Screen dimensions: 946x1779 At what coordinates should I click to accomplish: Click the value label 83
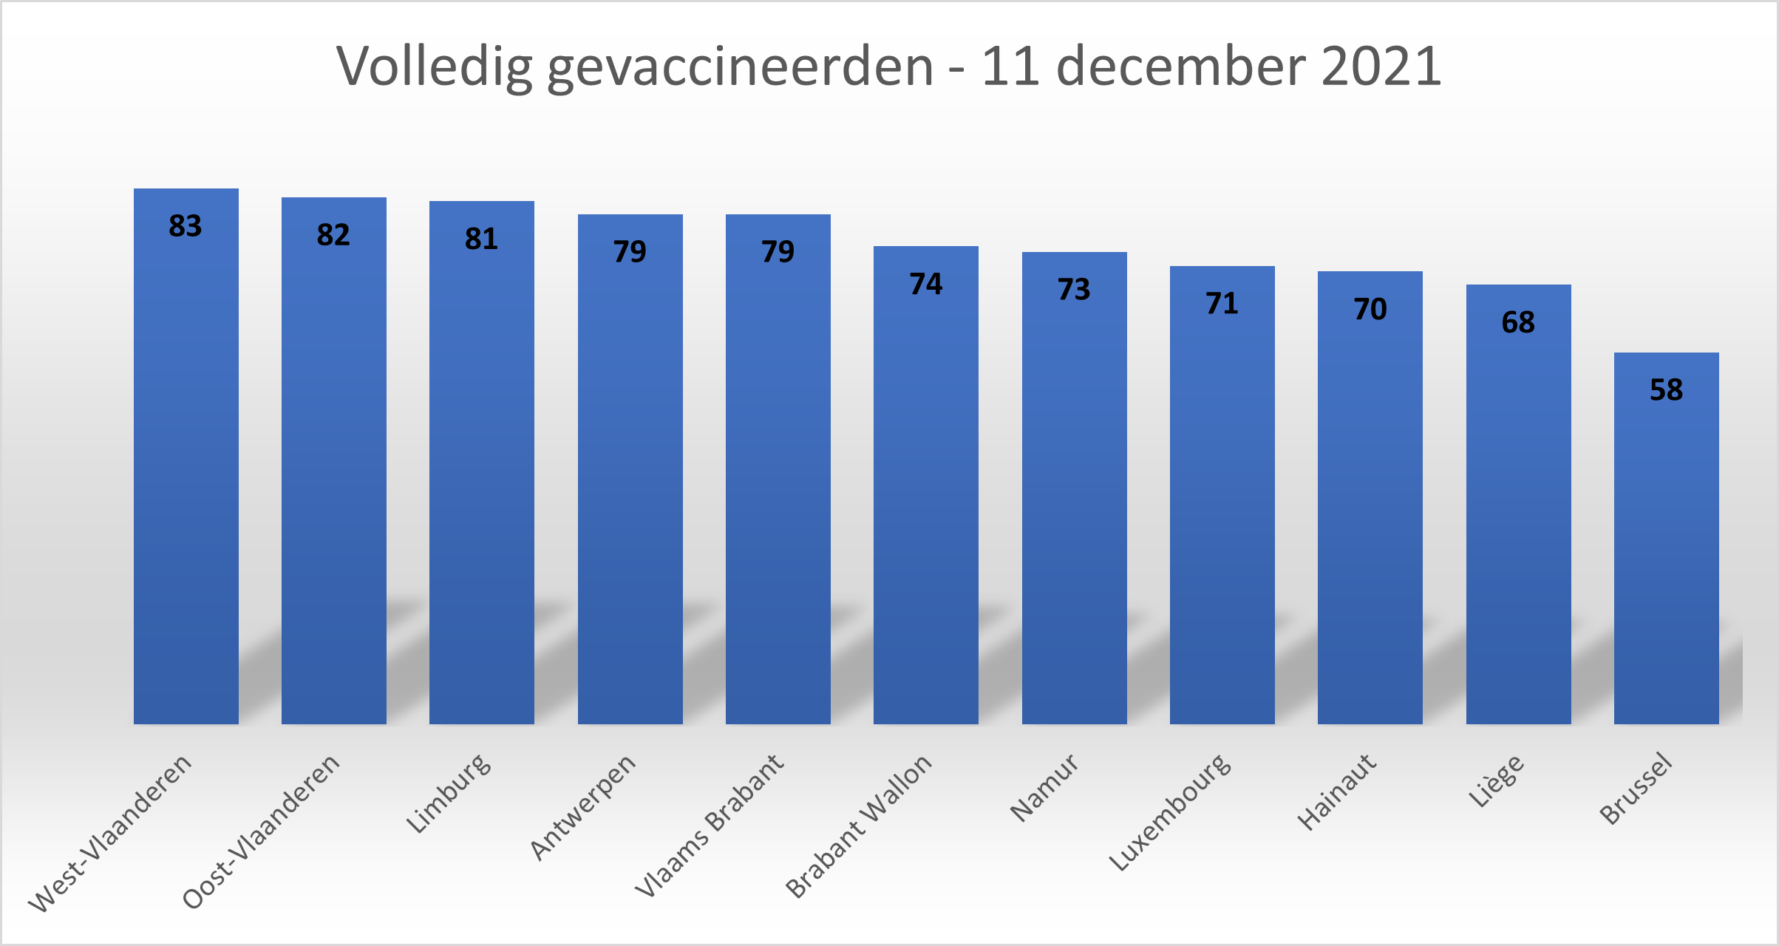point(185,226)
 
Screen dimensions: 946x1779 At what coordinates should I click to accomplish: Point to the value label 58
point(1666,389)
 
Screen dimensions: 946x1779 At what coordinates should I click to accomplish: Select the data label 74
point(925,284)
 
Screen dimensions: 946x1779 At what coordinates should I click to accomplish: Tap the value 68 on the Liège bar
point(1518,322)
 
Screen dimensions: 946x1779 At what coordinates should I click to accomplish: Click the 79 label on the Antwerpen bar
point(630,252)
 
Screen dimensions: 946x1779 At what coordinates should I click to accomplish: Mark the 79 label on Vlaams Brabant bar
point(778,252)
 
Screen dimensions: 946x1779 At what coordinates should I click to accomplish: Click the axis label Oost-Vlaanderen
point(262,831)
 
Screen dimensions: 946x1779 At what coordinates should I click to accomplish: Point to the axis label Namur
point(1044,788)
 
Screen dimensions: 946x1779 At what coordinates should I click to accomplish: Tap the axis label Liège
point(1495,781)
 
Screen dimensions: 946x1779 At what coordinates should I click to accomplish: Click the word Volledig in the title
point(435,67)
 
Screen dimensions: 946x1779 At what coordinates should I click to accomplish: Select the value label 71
point(1222,304)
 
